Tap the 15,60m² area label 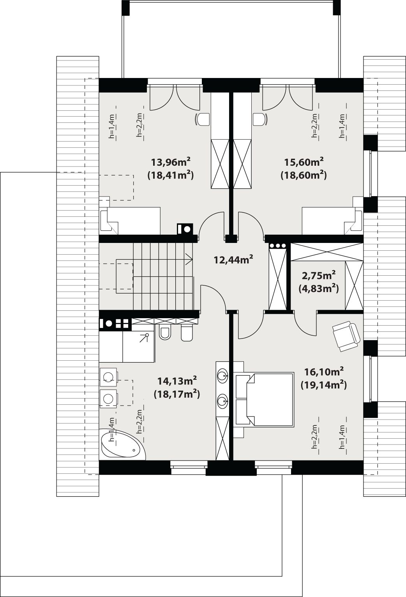point(304,161)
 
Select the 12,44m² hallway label point(233,259)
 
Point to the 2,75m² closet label point(319,275)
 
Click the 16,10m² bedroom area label point(324,371)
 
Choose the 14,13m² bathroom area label point(177,381)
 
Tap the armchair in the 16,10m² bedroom point(346,336)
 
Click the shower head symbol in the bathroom point(145,338)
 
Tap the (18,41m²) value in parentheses point(170,175)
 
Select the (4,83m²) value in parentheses point(319,289)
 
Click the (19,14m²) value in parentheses point(324,385)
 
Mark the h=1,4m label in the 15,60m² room point(342,126)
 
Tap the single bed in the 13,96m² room point(130,221)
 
